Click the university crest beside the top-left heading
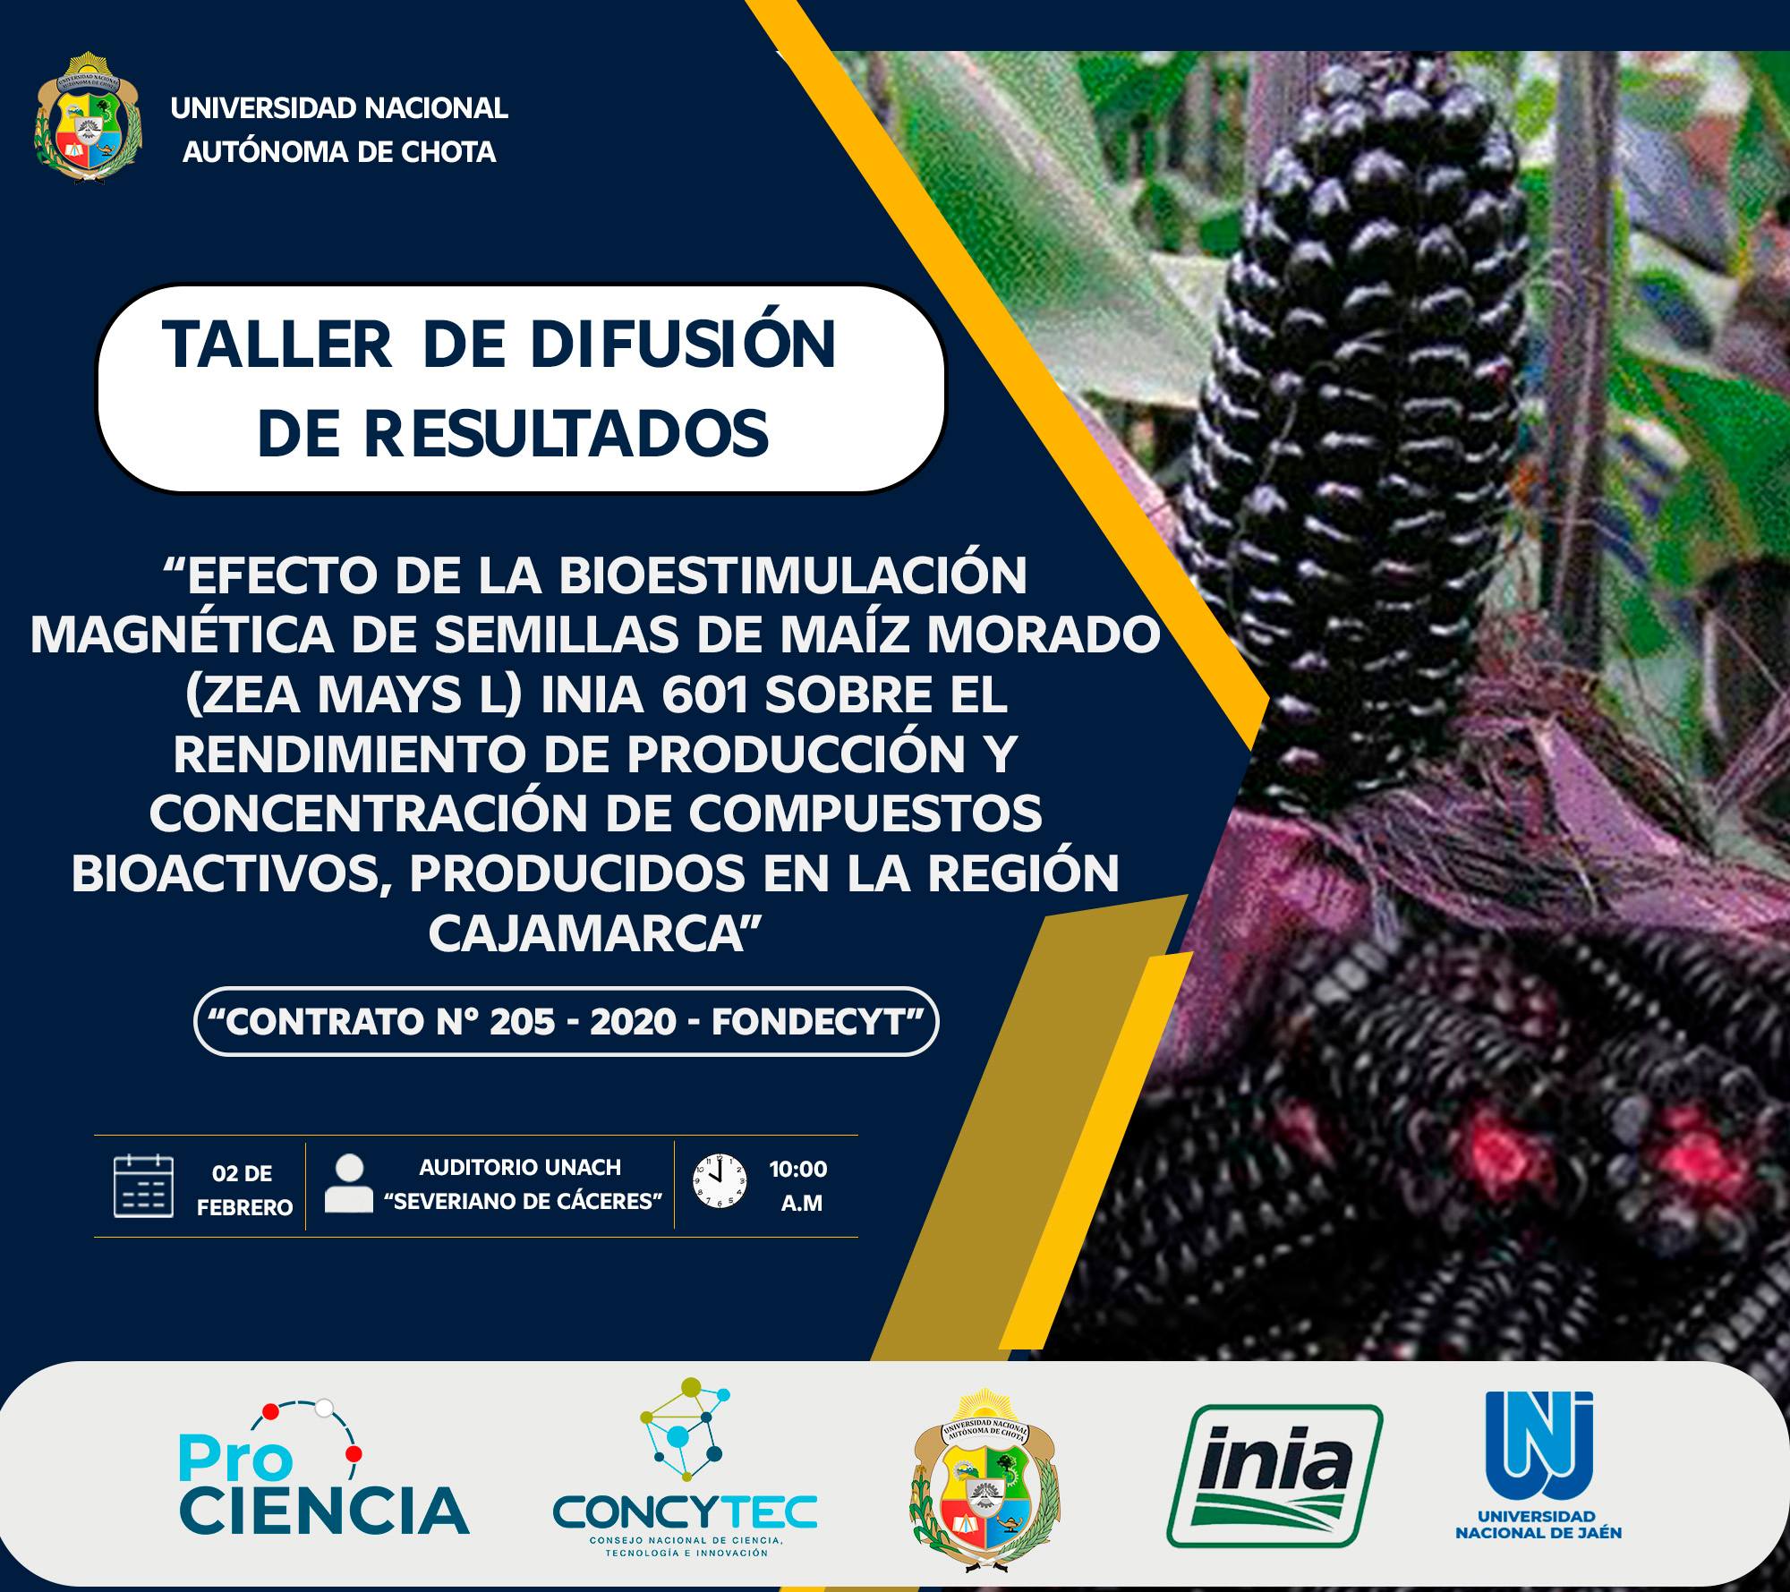pyautogui.click(x=89, y=119)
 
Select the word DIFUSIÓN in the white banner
pyautogui.click(x=683, y=345)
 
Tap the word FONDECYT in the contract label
pyautogui.click(x=817, y=1022)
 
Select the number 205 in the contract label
pyautogui.click(x=523, y=1022)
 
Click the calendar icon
pyautogui.click(x=143, y=1187)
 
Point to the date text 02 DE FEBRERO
pyautogui.click(x=244, y=1190)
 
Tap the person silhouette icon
pyautogui.click(x=349, y=1185)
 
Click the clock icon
pyautogui.click(x=720, y=1181)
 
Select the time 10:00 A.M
pyautogui.click(x=799, y=1186)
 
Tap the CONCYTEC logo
pyautogui.click(x=685, y=1468)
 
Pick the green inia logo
pyautogui.click(x=1274, y=1476)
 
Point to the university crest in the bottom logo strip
pyautogui.click(x=985, y=1481)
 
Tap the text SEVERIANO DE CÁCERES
pyautogui.click(x=523, y=1202)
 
